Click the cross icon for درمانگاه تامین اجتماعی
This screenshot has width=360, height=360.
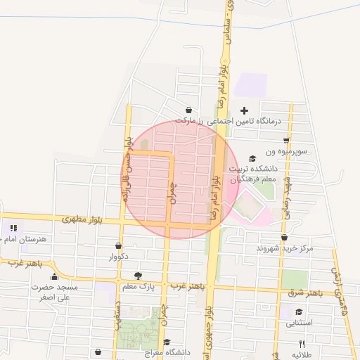245,110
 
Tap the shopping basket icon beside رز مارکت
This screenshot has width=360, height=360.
188,110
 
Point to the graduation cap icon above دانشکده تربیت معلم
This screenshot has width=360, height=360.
252,158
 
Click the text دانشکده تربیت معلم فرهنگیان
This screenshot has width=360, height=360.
252,174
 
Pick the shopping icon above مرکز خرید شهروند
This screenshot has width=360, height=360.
284,238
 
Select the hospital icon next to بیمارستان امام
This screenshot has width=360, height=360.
13,228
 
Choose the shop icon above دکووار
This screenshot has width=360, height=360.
118,246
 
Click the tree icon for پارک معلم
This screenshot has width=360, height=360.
138,276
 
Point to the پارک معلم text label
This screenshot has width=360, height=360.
138,287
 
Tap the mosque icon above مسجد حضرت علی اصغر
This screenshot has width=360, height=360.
55,276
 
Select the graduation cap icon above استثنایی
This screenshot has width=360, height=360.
300,312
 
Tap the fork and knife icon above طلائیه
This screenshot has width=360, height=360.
302,344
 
